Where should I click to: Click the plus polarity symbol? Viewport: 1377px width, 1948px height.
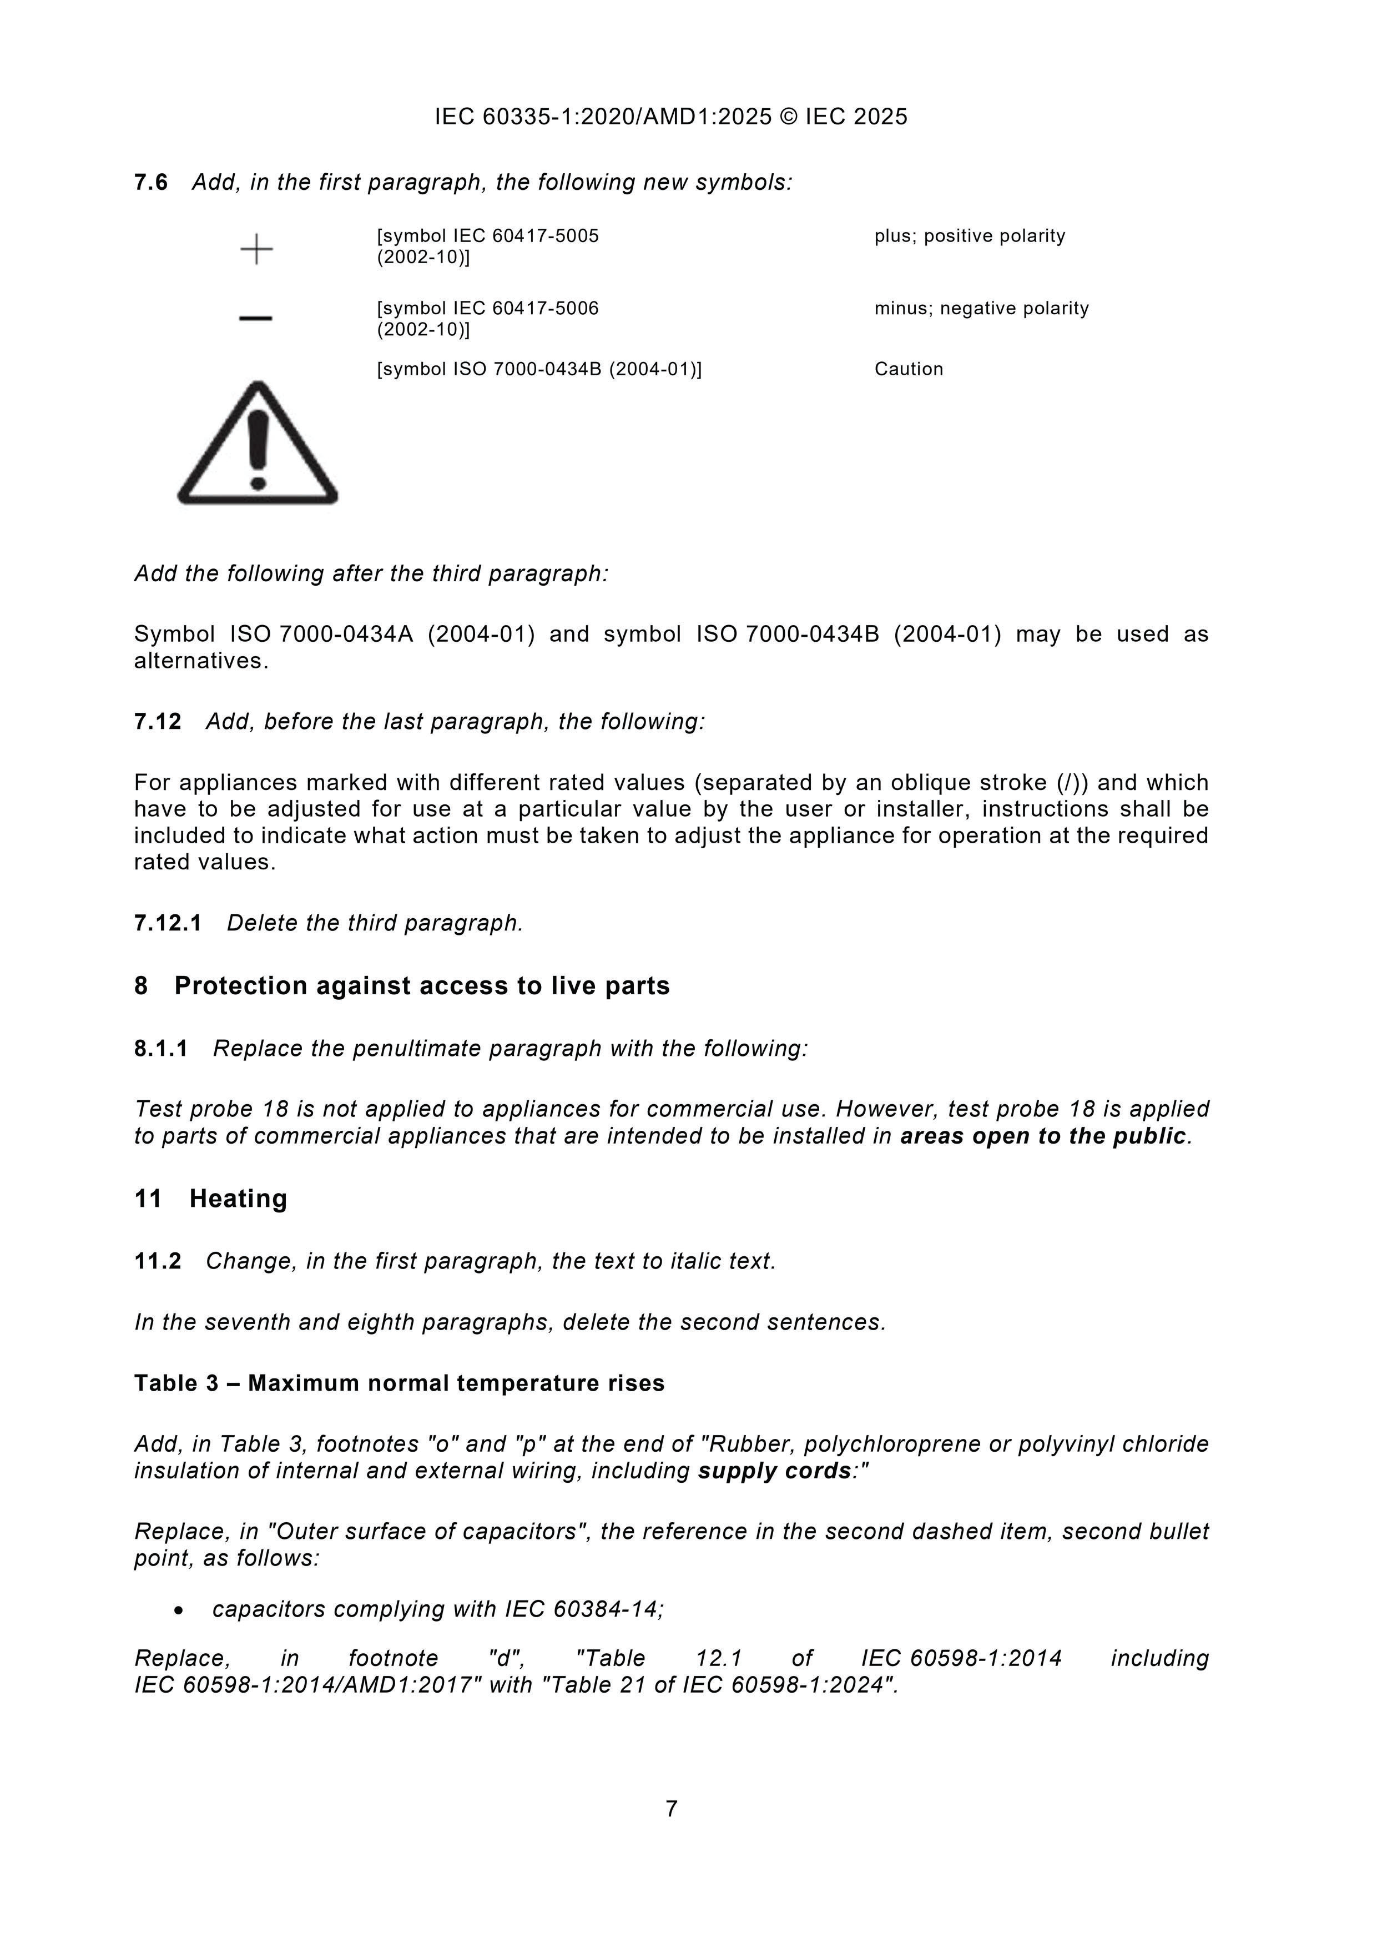pyautogui.click(x=256, y=249)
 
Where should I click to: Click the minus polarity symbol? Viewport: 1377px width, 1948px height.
pyautogui.click(x=255, y=318)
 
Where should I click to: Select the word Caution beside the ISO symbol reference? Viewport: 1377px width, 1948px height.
pyautogui.click(x=909, y=369)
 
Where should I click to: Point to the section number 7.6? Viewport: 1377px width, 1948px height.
pyautogui.click(x=151, y=183)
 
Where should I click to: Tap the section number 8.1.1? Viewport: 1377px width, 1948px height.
pyautogui.click(x=161, y=1049)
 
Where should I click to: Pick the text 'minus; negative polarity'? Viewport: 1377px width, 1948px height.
pyautogui.click(x=982, y=308)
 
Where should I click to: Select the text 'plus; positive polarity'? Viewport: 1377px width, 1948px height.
pyautogui.click(x=970, y=236)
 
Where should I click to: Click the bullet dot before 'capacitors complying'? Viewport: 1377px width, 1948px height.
pyautogui.click(x=178, y=1609)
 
